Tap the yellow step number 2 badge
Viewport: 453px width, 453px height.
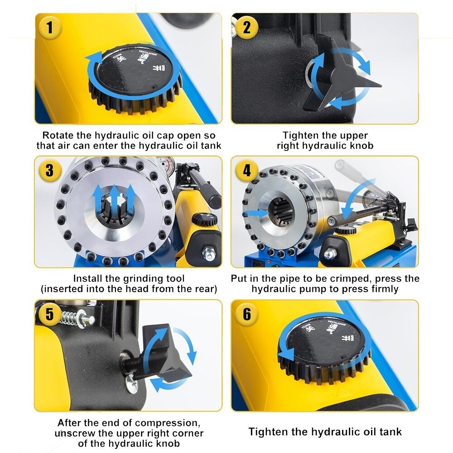(247, 27)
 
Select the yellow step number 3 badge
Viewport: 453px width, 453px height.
(49, 171)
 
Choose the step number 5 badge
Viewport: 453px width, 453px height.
(49, 314)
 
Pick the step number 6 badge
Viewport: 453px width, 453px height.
(247, 314)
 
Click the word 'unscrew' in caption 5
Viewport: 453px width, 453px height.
(73, 433)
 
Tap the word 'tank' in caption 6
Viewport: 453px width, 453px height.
(390, 432)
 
